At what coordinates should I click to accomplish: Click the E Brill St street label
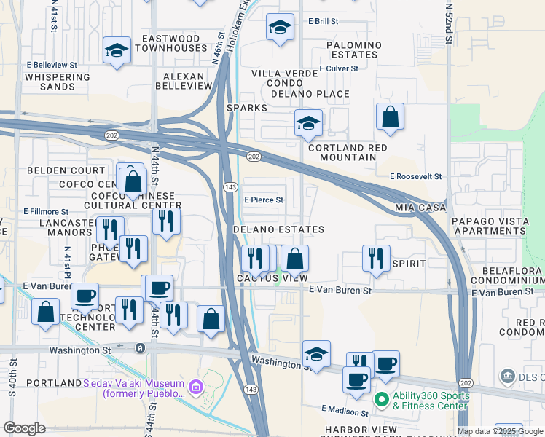click(x=324, y=22)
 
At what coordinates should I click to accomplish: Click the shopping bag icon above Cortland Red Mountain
click(x=391, y=117)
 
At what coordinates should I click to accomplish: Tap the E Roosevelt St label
click(x=416, y=176)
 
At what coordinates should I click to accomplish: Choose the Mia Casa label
click(x=420, y=208)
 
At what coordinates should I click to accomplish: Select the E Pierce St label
click(x=263, y=200)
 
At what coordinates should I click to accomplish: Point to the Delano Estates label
click(x=278, y=229)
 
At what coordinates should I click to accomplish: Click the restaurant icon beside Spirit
click(x=375, y=258)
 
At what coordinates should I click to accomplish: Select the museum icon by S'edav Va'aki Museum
click(x=195, y=388)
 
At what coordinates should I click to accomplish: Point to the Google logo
click(x=24, y=428)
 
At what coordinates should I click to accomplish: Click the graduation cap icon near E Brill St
click(x=280, y=28)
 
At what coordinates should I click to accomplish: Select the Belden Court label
click(x=56, y=170)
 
